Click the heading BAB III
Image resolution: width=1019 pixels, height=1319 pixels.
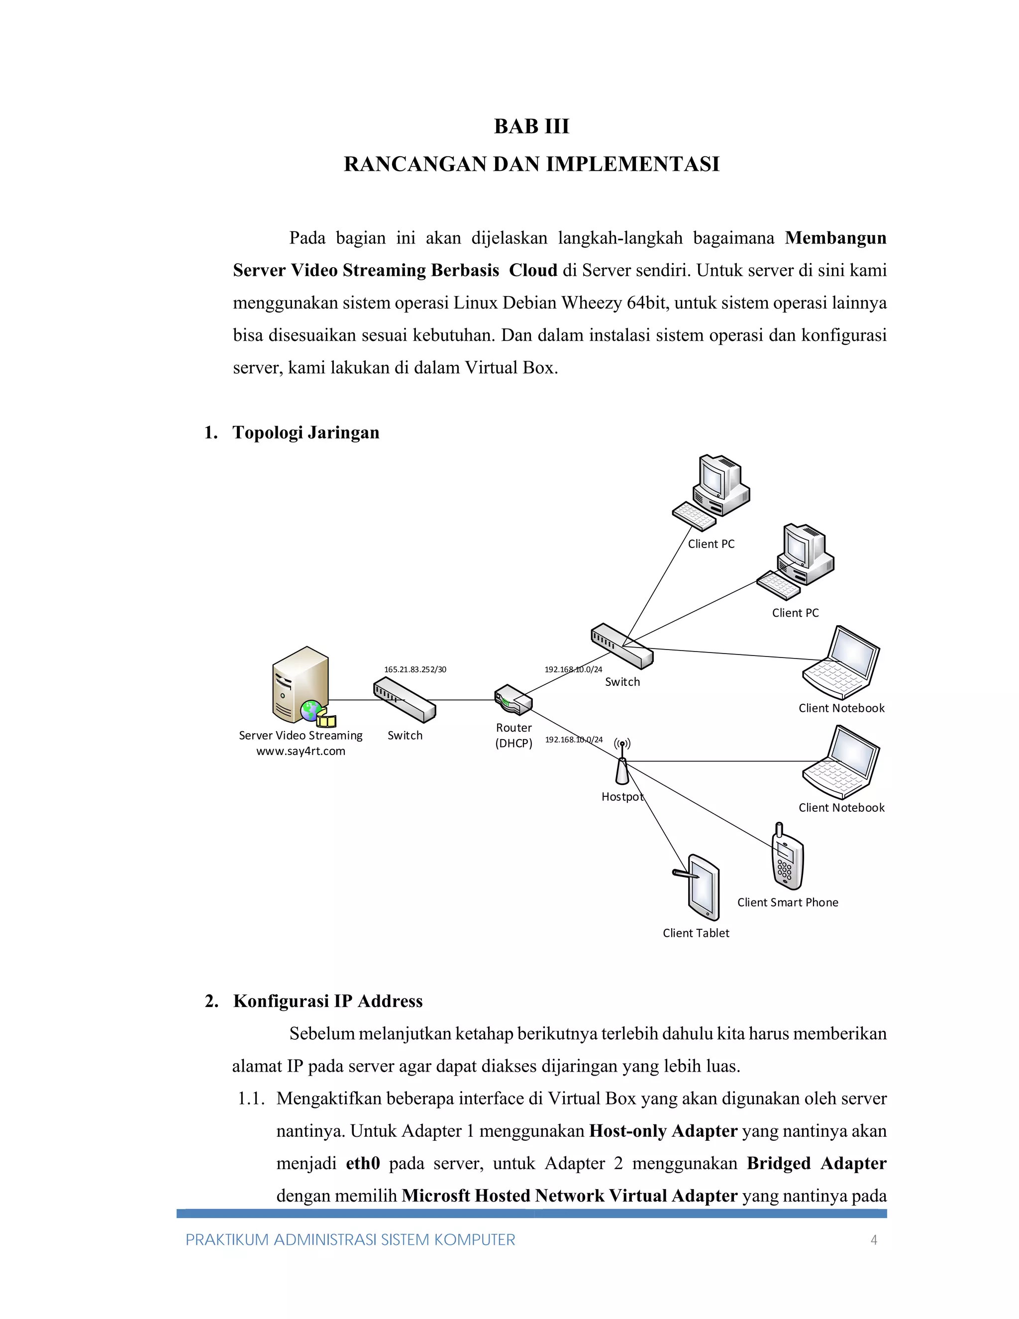click(x=531, y=126)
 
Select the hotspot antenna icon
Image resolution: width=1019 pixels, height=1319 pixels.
click(x=622, y=762)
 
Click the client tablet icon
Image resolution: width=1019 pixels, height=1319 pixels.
click(x=702, y=886)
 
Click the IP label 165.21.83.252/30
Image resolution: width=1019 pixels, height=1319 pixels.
click(x=415, y=669)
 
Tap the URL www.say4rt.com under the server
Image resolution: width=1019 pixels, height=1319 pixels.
click(x=301, y=751)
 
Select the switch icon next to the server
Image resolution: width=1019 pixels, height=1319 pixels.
click(x=405, y=700)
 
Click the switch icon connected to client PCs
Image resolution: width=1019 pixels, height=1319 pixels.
click(x=622, y=646)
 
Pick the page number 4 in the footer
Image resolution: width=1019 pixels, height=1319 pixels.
click(x=874, y=1240)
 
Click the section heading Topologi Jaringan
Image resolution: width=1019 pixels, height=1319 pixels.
click(x=306, y=433)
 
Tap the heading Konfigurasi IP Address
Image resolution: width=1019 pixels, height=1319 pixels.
click(x=328, y=1001)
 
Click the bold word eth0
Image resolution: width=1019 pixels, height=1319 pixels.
click(x=363, y=1163)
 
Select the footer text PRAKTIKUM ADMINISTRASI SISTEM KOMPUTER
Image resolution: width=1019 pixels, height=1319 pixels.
click(x=350, y=1240)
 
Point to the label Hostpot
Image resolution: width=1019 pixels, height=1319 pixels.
click(x=622, y=796)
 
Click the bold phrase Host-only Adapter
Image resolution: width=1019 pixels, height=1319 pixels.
click(x=663, y=1130)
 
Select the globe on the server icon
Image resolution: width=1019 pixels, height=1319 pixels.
click(x=311, y=710)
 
